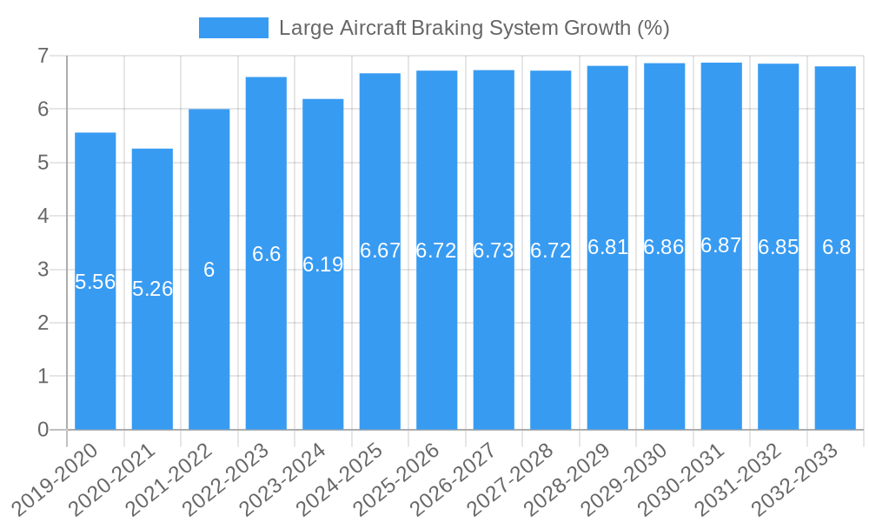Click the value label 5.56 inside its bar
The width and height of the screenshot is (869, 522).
96,282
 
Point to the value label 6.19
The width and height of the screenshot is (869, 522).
323,264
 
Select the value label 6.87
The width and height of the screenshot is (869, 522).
721,246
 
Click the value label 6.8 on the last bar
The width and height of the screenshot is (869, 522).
836,247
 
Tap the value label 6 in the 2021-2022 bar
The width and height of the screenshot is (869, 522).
209,270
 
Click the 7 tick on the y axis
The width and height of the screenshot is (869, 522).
43,56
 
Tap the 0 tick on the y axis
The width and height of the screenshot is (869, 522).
43,430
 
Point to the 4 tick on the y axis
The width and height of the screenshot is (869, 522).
43,216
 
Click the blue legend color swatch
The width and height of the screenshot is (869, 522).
234,28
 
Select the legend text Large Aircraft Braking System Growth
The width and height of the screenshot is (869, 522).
474,28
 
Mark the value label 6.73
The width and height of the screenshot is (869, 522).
494,251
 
